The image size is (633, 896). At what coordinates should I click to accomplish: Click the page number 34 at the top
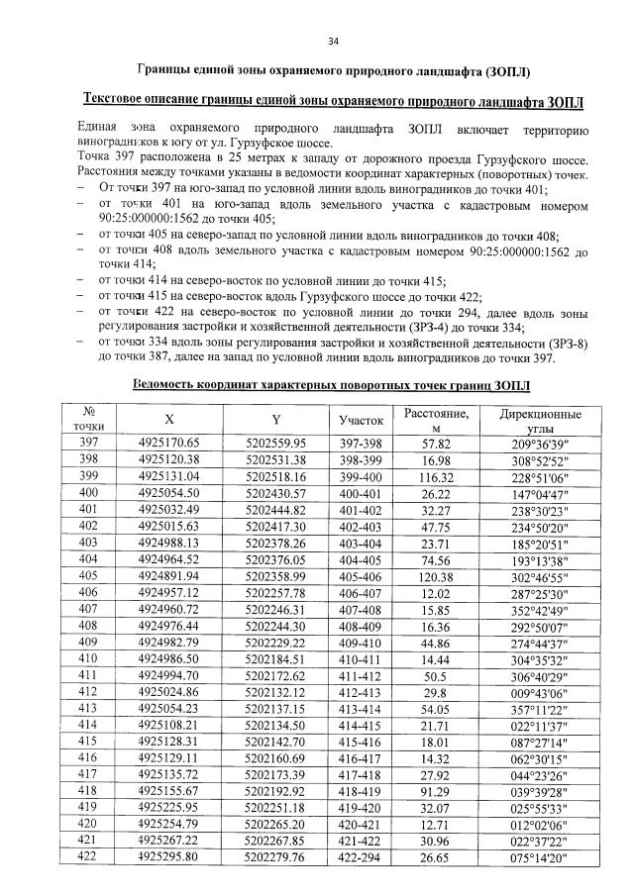click(x=333, y=41)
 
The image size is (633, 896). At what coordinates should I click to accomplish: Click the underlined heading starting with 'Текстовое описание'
click(x=332, y=102)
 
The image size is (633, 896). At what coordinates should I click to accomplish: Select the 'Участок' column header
click(x=361, y=420)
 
